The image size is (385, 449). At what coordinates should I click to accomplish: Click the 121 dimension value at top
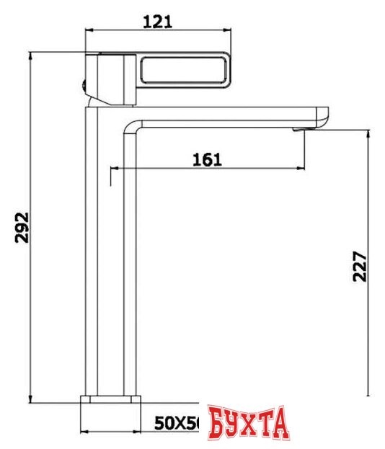[157, 21]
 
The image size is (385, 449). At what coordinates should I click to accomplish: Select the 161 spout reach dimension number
[207, 159]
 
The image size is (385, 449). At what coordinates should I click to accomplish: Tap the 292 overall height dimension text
[22, 228]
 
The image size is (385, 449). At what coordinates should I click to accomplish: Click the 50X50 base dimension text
[177, 424]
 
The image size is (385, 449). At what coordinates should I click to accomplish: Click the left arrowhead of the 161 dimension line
[113, 169]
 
